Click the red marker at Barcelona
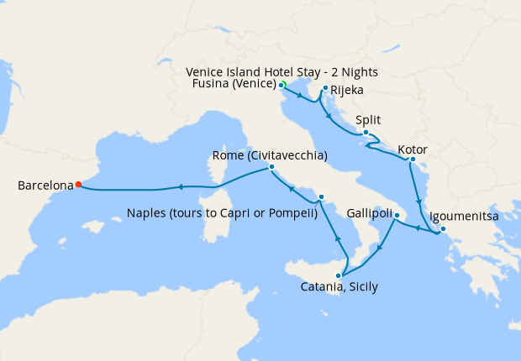coord(78,185)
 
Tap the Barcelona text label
coord(45,186)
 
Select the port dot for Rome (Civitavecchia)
coord(271,167)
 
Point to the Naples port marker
coord(321,197)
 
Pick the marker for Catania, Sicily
coord(340,276)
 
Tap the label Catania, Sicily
coord(339,287)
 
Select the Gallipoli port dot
coord(397,216)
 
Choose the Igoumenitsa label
coord(464,217)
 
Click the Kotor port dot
coord(413,160)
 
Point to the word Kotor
coord(413,149)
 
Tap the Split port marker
coord(366,133)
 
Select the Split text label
coord(369,120)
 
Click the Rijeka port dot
coord(325,87)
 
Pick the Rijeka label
coord(346,90)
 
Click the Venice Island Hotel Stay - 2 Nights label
coord(282,72)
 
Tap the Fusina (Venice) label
coord(233,85)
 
